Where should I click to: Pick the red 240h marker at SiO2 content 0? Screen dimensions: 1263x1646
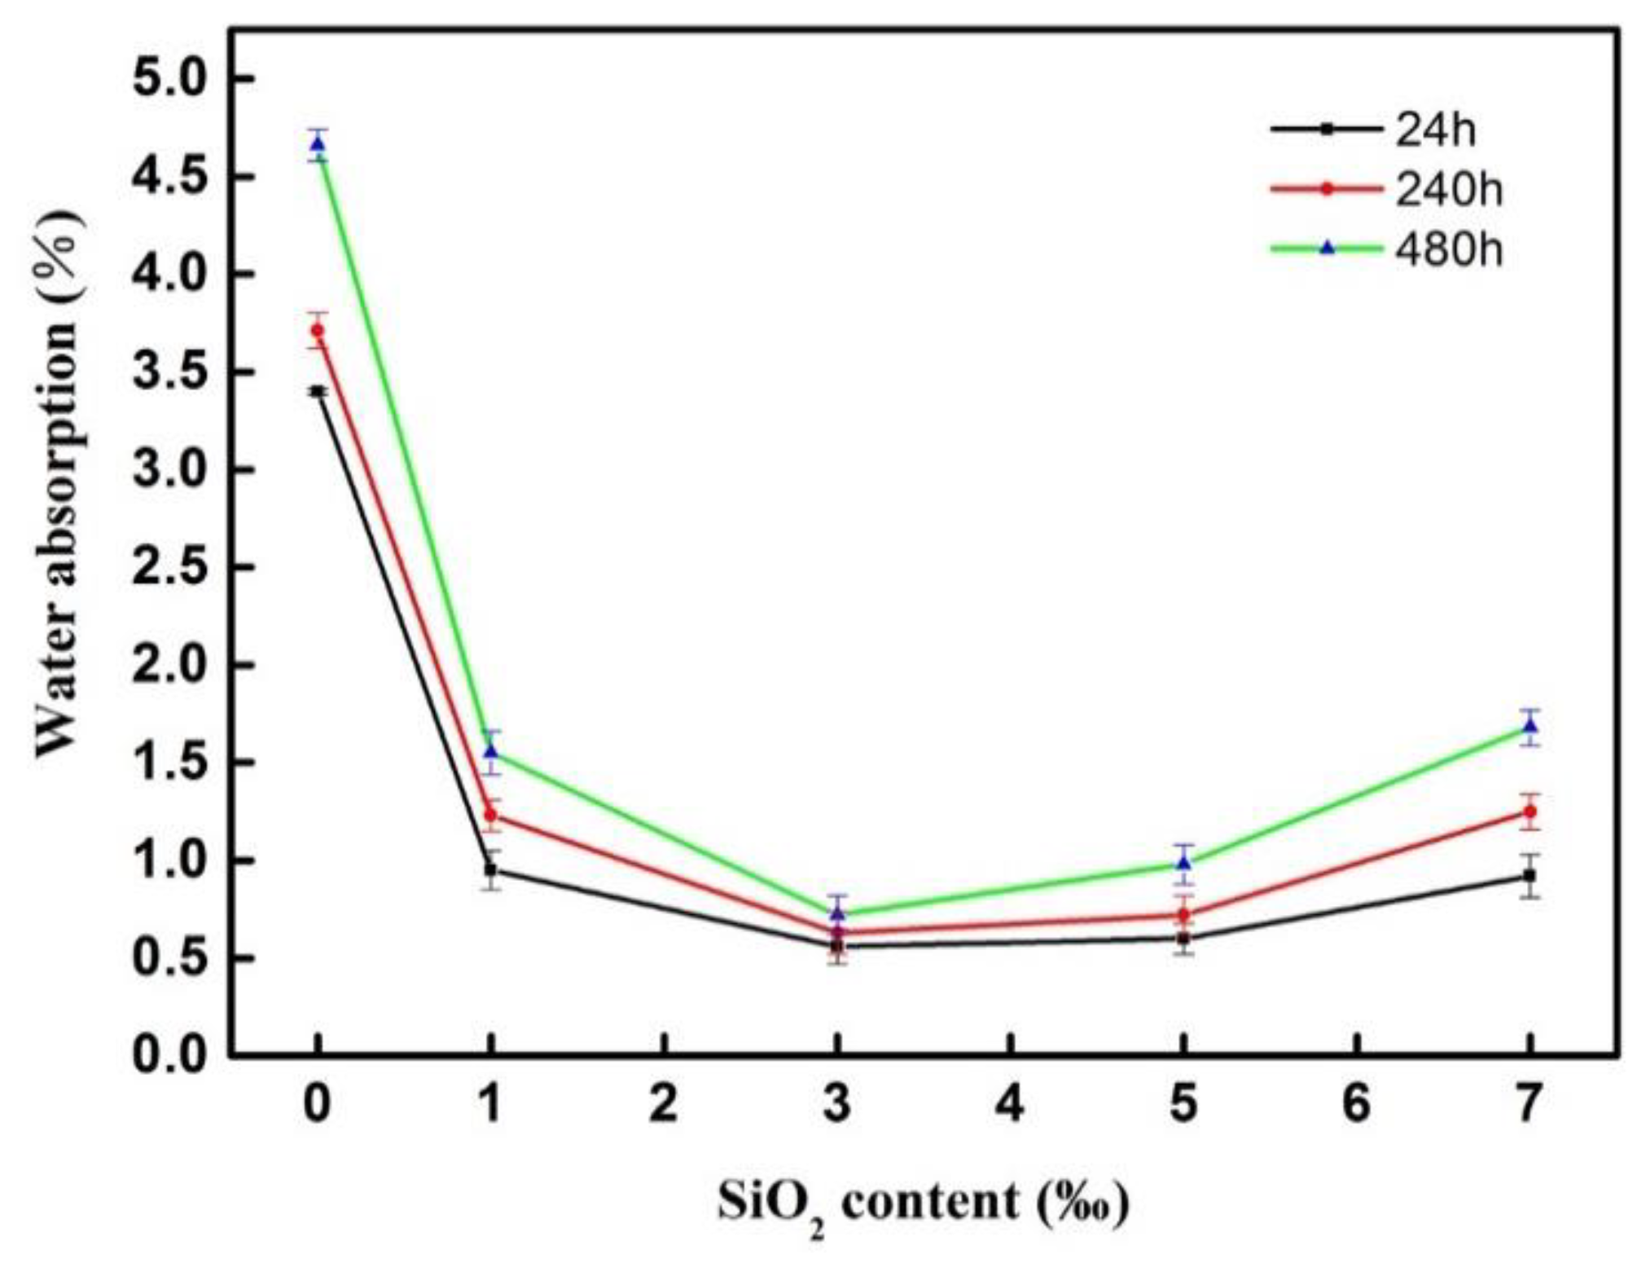[318, 330]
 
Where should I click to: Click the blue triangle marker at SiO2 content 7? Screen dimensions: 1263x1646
[1530, 726]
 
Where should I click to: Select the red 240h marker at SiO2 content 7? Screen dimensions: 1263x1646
[1530, 812]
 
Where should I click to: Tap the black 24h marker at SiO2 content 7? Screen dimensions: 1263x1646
[1530, 876]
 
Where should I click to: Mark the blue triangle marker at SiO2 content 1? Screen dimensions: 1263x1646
[491, 750]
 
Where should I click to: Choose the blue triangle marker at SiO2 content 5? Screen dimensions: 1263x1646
[1184, 863]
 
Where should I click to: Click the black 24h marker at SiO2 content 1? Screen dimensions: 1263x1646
[491, 869]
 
